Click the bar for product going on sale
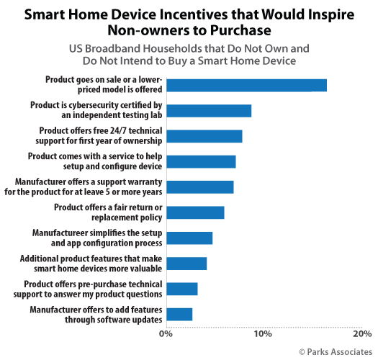click(246, 85)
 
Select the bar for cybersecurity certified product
click(209, 110)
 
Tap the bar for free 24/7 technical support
click(204, 136)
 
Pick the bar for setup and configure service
click(201, 161)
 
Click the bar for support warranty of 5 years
click(199, 187)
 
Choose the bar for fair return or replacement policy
click(195, 212)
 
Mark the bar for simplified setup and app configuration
click(189, 238)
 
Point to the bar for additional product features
click(186, 263)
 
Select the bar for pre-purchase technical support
click(181, 289)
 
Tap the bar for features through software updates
click(179, 314)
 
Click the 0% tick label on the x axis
click(166, 334)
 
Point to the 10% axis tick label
click(262, 334)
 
